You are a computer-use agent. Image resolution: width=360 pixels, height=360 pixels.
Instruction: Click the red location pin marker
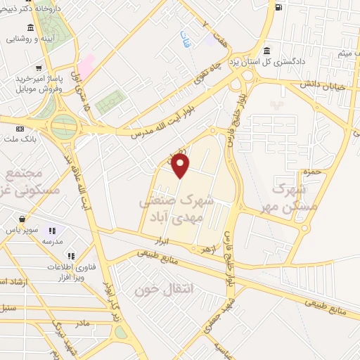click(x=181, y=166)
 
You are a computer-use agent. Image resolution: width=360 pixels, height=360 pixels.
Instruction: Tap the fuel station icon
click(x=279, y=8)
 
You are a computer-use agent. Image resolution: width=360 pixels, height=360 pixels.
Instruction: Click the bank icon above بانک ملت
click(x=19, y=129)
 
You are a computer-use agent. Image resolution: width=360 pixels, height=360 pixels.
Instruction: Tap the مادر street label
click(x=82, y=323)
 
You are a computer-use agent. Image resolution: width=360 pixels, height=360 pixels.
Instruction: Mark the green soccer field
click(x=110, y=103)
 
